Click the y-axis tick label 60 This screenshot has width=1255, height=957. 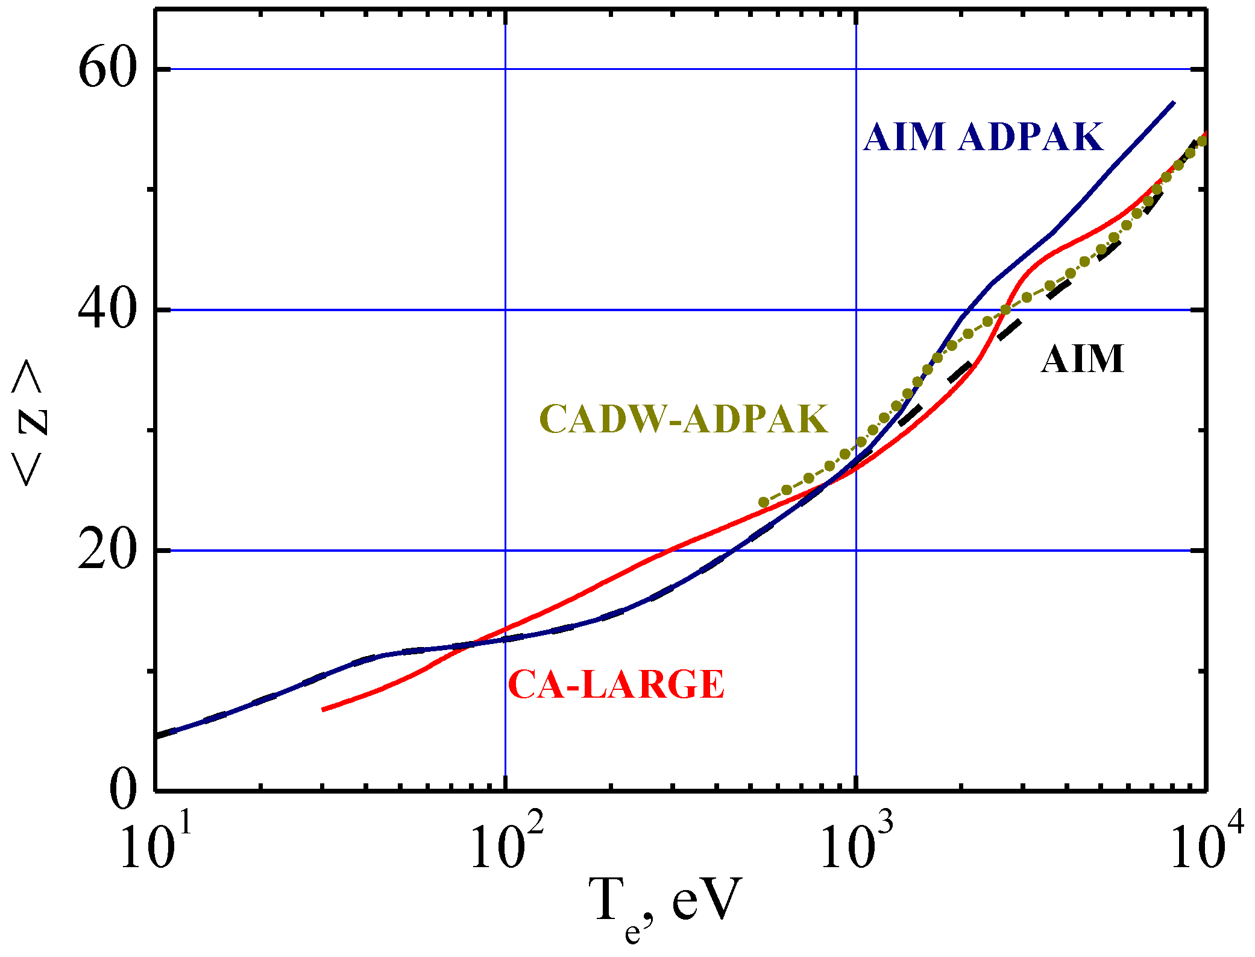tap(105, 70)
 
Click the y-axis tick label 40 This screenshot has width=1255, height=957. tap(105, 311)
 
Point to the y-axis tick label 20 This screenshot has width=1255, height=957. tap(105, 551)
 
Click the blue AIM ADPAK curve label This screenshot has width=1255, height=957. tap(983, 137)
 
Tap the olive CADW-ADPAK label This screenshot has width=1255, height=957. tap(684, 419)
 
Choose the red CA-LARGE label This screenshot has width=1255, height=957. tap(616, 684)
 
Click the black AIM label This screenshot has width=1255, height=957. tap(1083, 359)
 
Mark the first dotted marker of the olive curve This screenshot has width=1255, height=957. tap(764, 502)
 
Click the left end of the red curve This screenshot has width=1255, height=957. tap(324, 709)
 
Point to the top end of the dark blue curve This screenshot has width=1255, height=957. tap(1173, 103)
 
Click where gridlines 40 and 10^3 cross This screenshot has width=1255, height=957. tap(856, 310)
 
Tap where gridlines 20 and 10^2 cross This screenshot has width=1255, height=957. tap(506, 551)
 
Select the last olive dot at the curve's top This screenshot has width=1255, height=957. tap(1201, 141)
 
